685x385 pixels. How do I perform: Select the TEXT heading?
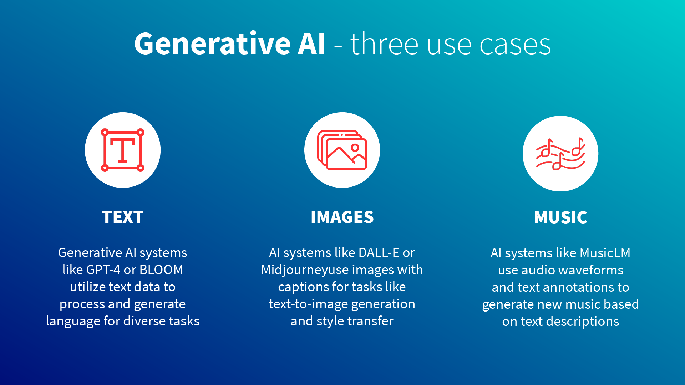click(x=123, y=217)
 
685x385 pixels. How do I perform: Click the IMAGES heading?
click(x=342, y=217)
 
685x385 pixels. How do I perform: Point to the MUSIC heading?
click(x=560, y=217)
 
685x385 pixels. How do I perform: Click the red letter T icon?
click(x=123, y=150)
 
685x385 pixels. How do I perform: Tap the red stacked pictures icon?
click(x=342, y=150)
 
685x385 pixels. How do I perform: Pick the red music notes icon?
click(x=560, y=154)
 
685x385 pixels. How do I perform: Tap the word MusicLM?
click(x=605, y=253)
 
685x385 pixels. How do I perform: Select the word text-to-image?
click(x=309, y=304)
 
